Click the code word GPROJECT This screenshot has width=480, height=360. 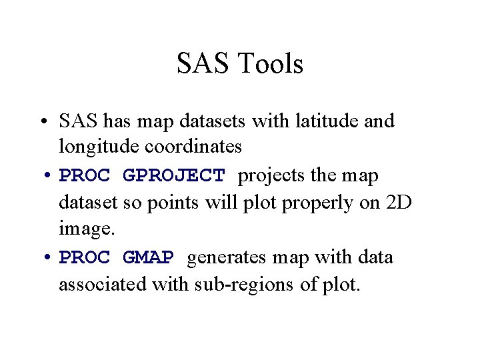[x=175, y=177]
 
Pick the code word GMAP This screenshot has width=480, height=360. [x=149, y=258]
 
